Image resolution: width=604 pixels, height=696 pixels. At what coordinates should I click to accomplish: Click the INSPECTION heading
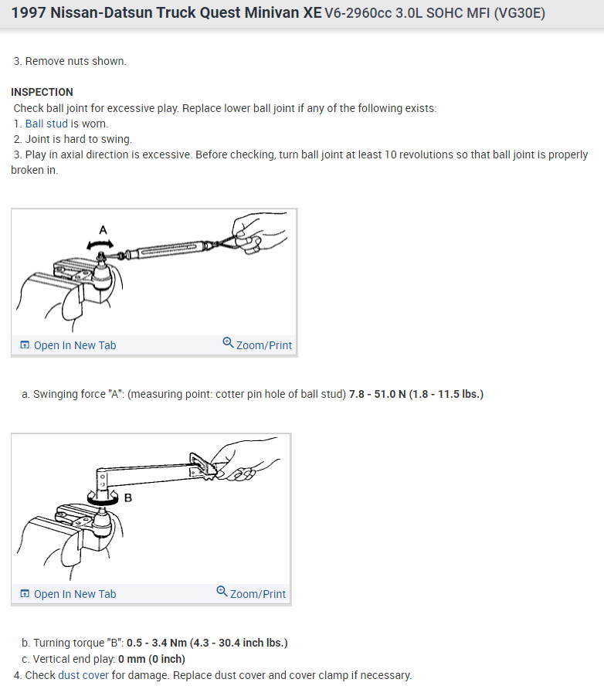point(42,92)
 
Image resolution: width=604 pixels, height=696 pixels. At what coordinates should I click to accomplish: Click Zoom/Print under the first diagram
point(257,345)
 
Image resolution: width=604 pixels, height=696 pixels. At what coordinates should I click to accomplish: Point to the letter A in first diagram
point(103,229)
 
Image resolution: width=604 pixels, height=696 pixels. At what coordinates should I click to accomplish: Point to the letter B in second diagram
point(128,497)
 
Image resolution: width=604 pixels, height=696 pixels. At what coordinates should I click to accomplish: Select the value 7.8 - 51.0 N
point(378,395)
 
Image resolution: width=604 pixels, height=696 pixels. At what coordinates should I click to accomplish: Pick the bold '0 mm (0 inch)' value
point(151,659)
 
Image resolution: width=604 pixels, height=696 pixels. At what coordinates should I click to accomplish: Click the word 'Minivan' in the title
point(248,13)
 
